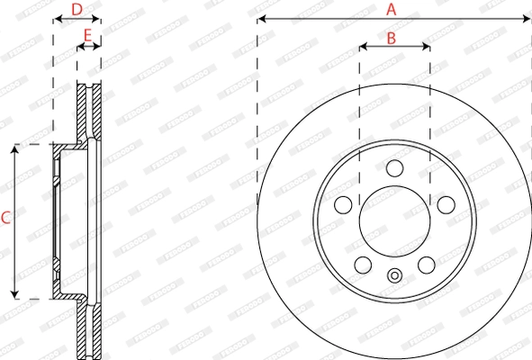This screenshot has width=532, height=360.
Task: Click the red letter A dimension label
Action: [x=392, y=9]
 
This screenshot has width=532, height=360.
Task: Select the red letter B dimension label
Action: [x=392, y=38]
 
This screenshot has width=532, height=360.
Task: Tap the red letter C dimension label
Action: [x=6, y=217]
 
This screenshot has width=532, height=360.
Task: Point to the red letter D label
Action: [x=77, y=9]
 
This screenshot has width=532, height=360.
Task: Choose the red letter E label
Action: [x=87, y=36]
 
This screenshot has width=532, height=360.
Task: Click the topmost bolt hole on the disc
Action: [x=394, y=168]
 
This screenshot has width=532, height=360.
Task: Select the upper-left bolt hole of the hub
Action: [x=343, y=205]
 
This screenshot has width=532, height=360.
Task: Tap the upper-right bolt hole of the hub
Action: [x=446, y=205]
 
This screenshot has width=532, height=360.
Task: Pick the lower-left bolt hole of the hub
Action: [x=363, y=265]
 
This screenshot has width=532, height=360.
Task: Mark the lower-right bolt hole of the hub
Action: [x=426, y=265]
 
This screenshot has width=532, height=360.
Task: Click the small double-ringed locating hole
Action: [x=394, y=276]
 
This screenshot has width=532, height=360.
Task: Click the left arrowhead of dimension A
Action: [x=260, y=18]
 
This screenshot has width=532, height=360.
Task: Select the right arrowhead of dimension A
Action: [x=528, y=18]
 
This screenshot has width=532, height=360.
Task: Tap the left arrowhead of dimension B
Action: [x=362, y=47]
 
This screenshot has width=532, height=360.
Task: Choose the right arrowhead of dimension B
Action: [x=427, y=47]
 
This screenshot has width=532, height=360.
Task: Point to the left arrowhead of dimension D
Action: [x=56, y=18]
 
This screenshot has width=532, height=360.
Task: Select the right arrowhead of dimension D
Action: [x=98, y=18]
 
